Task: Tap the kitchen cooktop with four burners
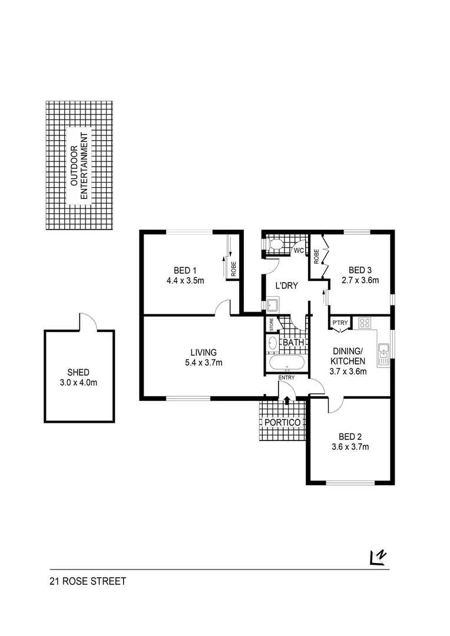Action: point(364,322)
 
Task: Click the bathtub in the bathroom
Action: point(286,363)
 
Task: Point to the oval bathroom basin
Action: point(273,343)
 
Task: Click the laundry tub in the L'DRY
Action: point(273,304)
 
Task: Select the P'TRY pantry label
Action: point(340,323)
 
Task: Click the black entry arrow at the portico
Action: point(287,400)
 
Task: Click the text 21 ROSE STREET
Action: point(88,581)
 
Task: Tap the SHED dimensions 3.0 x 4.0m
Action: point(78,383)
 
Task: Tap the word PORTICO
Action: point(283,423)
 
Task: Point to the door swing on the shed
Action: point(87,322)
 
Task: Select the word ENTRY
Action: point(287,377)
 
